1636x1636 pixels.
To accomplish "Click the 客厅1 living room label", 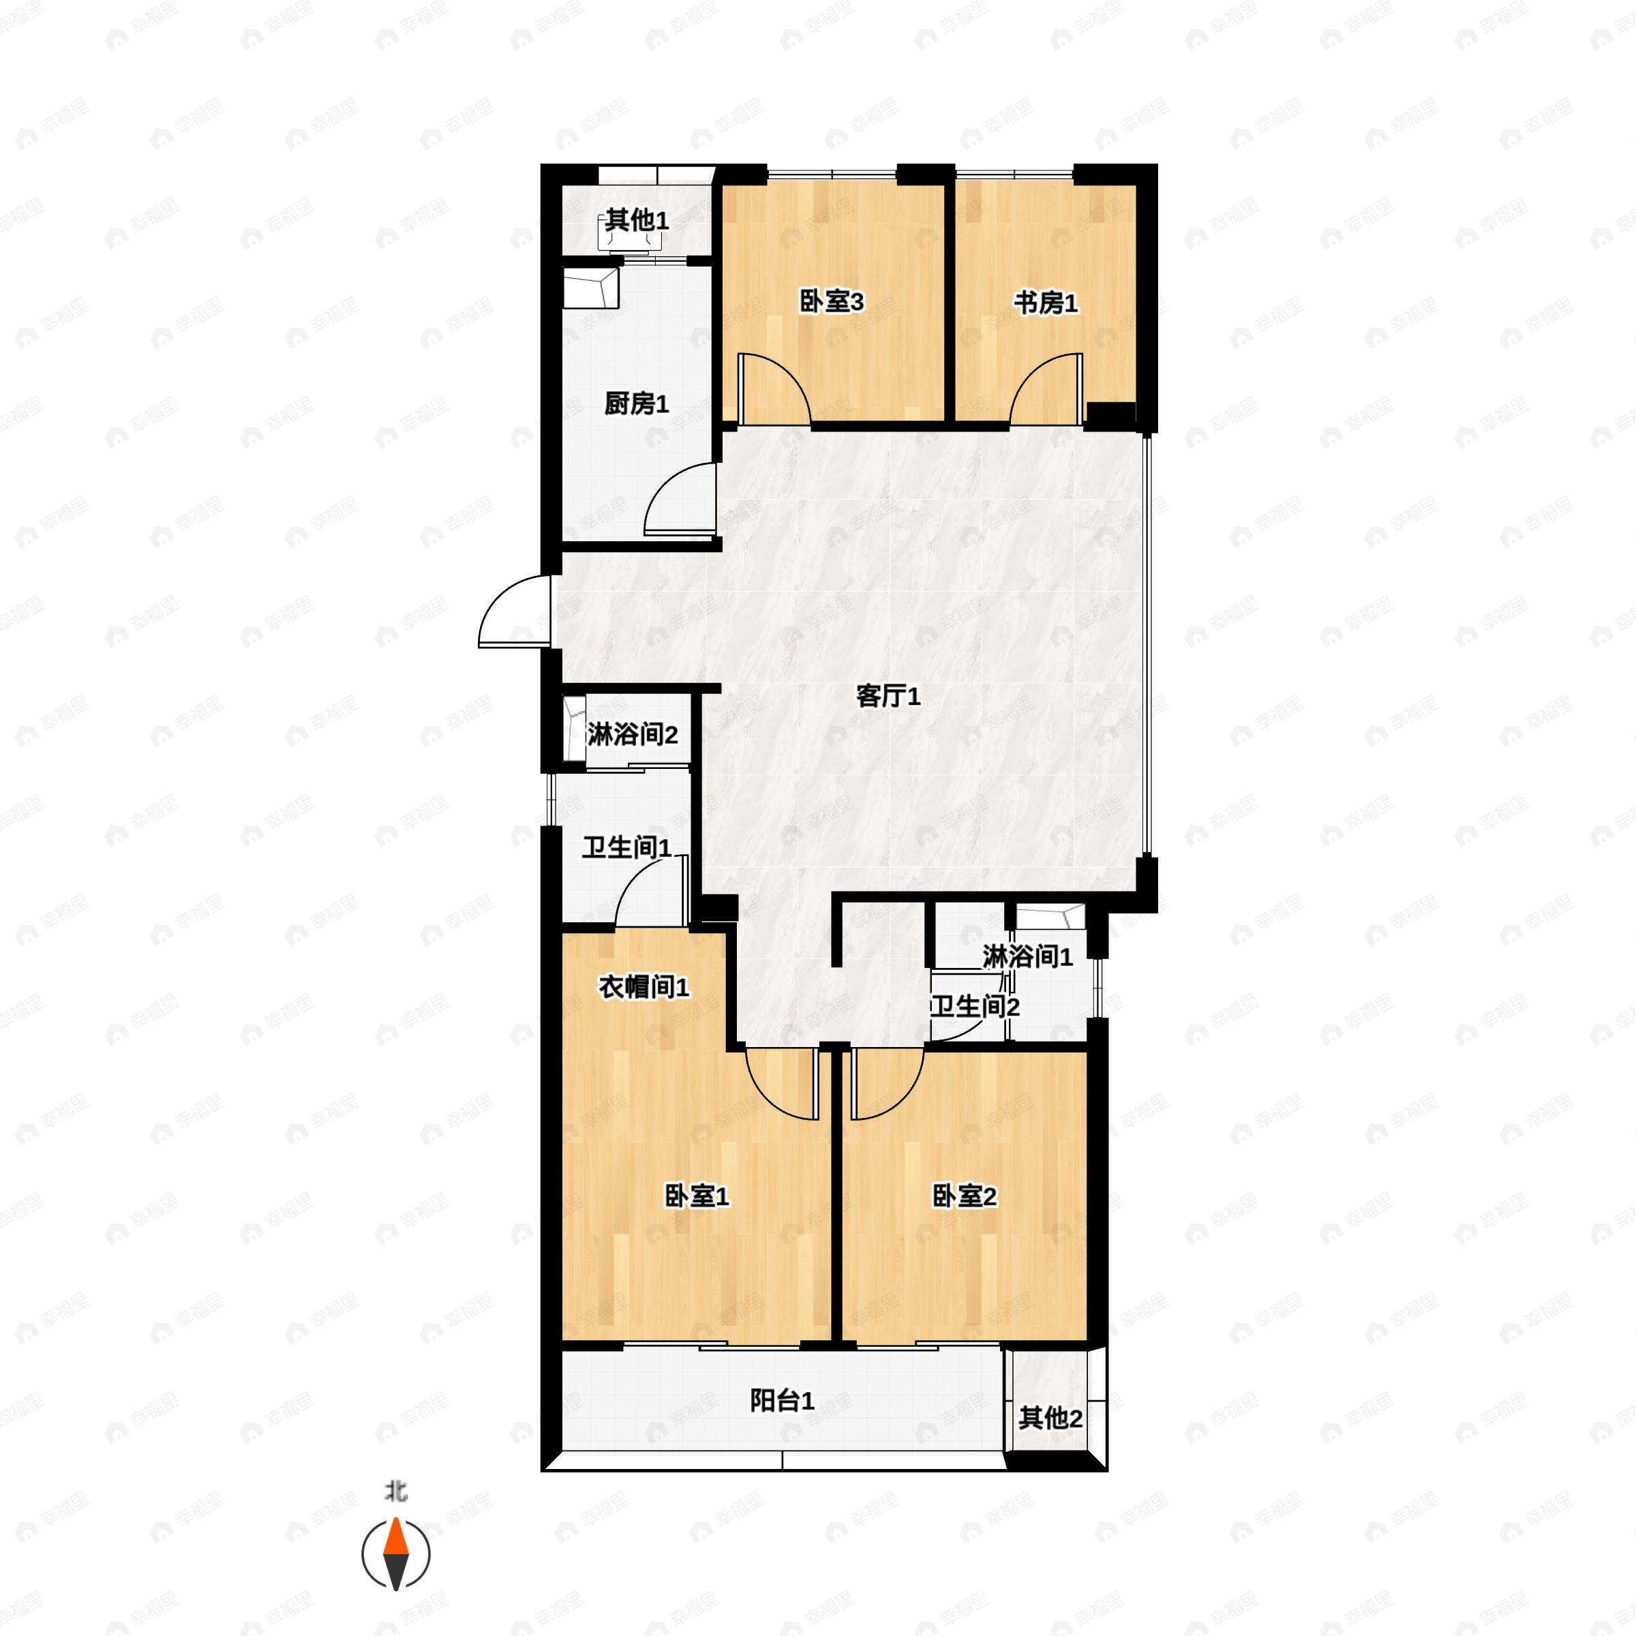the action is click(888, 697).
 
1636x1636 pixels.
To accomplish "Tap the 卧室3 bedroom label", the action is click(831, 302).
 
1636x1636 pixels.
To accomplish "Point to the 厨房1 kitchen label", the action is click(637, 404).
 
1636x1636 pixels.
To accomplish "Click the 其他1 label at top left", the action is click(637, 221).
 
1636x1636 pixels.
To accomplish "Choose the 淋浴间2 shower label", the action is click(633, 734).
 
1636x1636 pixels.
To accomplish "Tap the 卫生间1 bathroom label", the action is click(626, 847).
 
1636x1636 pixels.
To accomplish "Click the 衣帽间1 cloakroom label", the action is click(643, 986).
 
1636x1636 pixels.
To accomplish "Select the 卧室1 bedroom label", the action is click(697, 1196).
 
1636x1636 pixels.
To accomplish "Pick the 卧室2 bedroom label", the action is click(965, 1196).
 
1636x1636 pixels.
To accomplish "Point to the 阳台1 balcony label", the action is click(783, 1402).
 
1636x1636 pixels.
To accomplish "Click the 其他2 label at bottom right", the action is click(1050, 1419).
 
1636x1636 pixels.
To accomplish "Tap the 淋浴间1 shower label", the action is click(1027, 958).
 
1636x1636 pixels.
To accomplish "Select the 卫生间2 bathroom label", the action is click(975, 1007).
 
